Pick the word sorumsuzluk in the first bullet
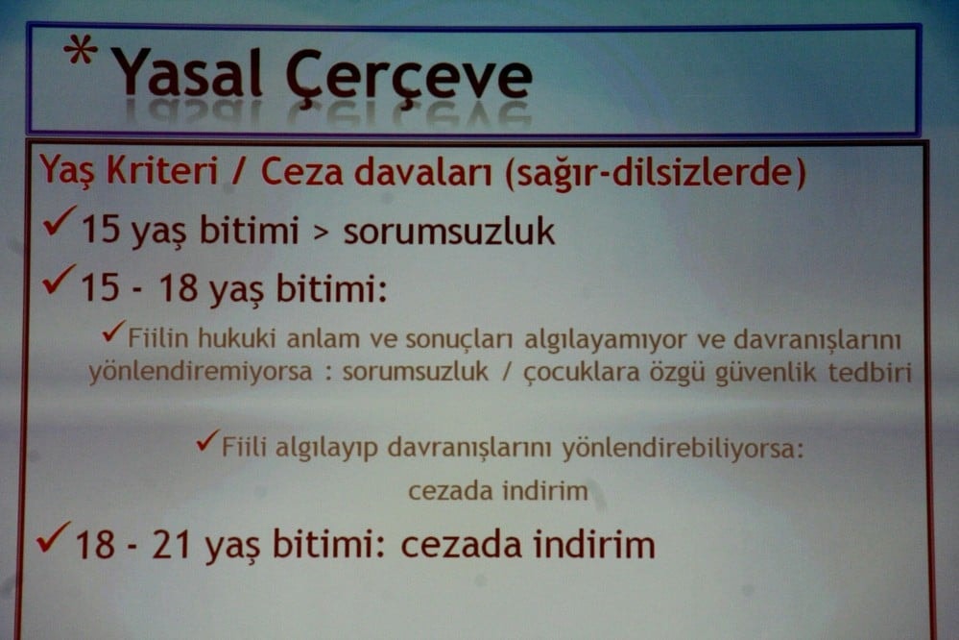[449, 232]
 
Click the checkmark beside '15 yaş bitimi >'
[60, 226]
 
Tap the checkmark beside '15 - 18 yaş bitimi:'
[60, 281]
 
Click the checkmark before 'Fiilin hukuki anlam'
[114, 333]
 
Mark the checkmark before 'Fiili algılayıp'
[207, 442]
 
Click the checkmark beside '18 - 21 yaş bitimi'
[54, 537]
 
